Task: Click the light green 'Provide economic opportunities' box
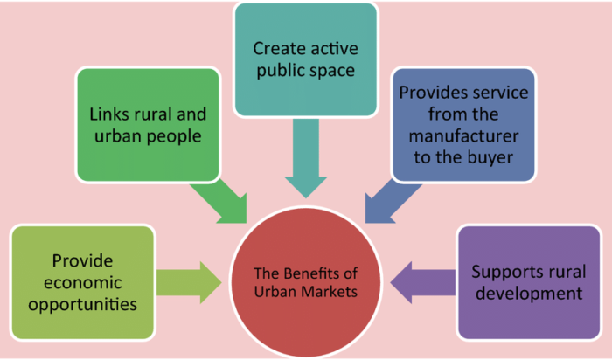coord(81,280)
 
